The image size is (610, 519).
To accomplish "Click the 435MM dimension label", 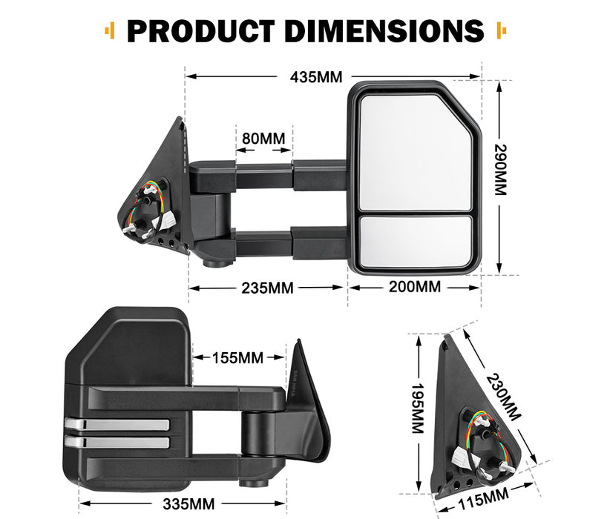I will (x=305, y=77).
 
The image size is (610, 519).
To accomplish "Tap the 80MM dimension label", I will (x=263, y=139).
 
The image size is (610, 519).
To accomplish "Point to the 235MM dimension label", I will (x=267, y=288).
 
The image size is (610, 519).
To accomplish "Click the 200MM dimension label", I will (x=414, y=287).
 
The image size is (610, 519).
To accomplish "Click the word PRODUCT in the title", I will (x=198, y=31).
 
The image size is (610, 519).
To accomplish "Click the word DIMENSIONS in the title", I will (x=384, y=31).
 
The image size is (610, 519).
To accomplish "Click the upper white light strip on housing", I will (x=117, y=424).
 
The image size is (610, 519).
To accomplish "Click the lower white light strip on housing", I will (x=117, y=442).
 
